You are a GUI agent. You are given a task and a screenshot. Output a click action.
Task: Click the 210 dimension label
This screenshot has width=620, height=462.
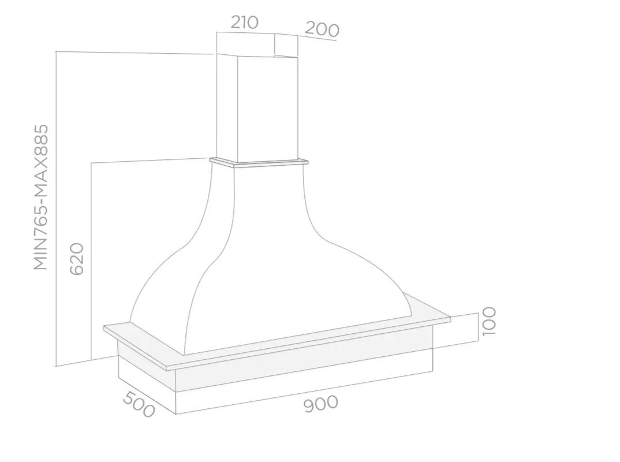click(x=244, y=23)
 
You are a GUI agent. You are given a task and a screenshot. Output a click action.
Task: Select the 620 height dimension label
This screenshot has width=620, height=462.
click(x=77, y=259)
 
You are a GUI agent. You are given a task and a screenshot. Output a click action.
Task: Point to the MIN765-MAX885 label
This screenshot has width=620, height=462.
click(x=41, y=198)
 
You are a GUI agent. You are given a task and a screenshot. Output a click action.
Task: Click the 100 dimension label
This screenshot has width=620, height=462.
click(x=489, y=321)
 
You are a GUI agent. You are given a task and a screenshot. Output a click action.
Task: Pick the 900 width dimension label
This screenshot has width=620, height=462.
click(x=321, y=404)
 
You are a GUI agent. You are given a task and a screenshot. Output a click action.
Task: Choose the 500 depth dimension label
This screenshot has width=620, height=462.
click(x=139, y=404)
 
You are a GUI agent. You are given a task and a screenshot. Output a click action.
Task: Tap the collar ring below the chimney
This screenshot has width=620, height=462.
click(x=259, y=162)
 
